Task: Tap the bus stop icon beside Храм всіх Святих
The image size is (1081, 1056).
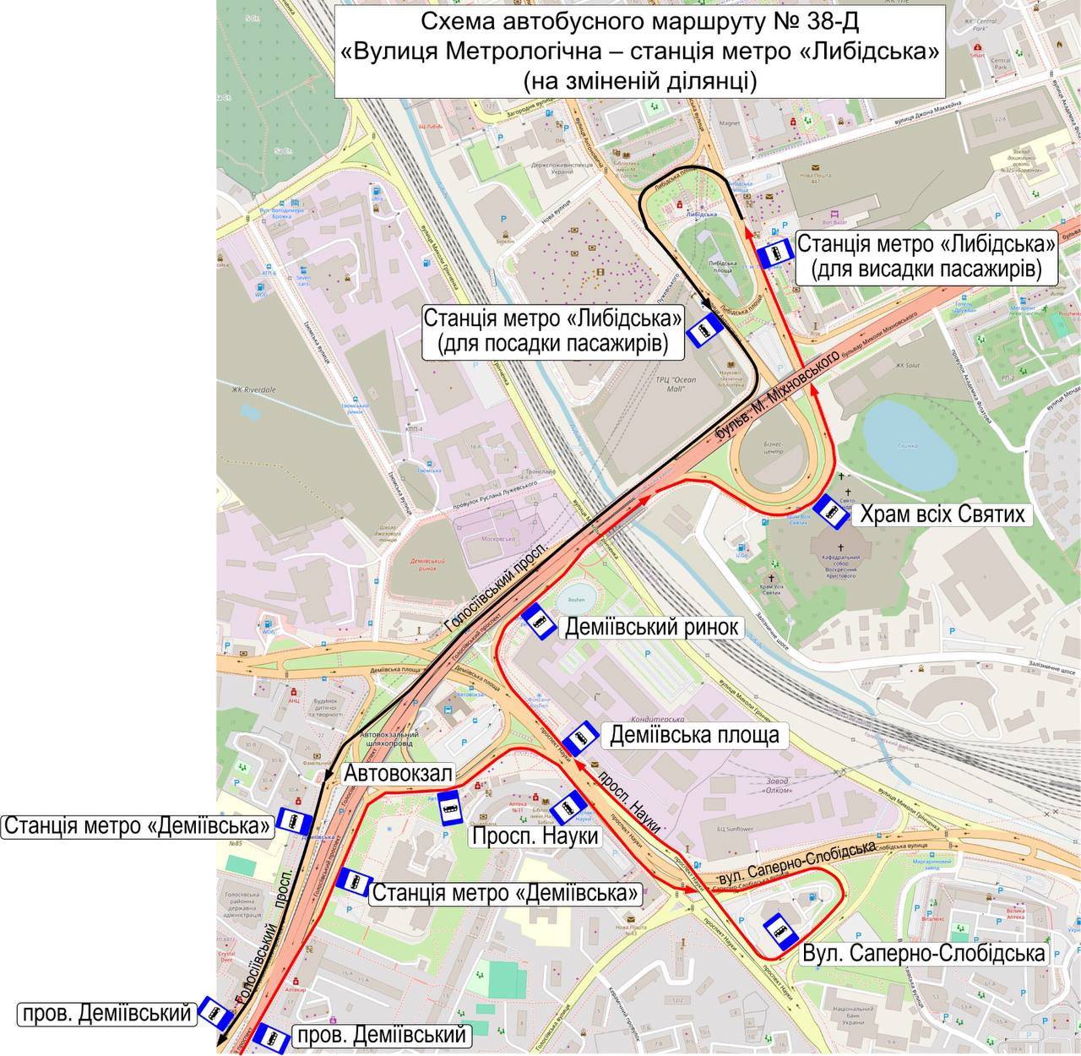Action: coord(830,511)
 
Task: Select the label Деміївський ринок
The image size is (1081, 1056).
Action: coord(652,628)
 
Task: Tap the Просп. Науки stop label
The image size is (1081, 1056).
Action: coord(535,836)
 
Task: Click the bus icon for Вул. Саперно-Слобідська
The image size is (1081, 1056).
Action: coord(780,931)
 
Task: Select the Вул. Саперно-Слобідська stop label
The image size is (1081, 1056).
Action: coord(924,954)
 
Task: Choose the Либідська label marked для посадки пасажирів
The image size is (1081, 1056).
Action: coord(553,331)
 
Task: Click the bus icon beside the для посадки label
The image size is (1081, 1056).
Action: coord(703,331)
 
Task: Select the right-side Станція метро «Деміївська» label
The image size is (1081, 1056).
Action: coord(504,893)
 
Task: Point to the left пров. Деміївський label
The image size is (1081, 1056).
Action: coord(106,1013)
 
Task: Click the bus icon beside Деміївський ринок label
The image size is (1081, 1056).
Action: coord(537,622)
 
